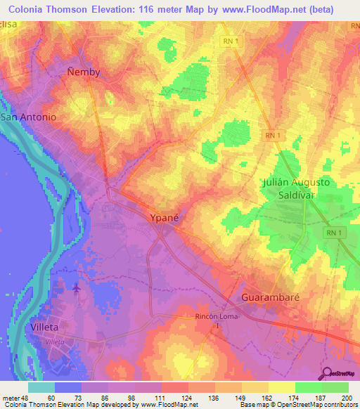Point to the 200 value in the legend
345,398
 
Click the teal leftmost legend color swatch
41,387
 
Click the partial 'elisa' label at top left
8,25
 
